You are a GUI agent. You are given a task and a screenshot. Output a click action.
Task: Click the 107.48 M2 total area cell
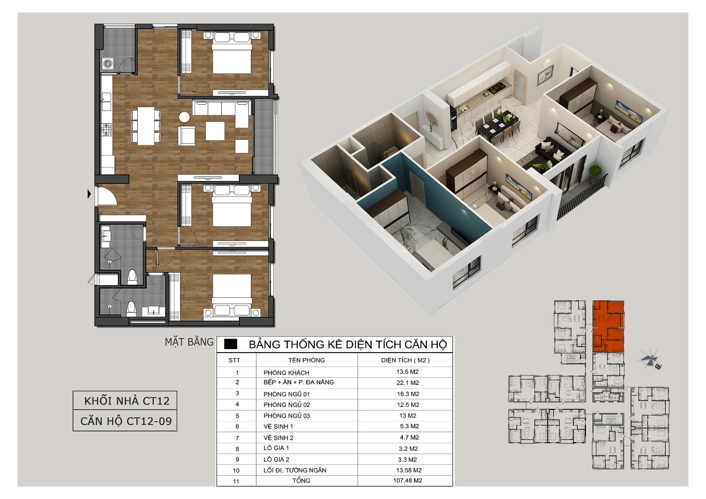407,480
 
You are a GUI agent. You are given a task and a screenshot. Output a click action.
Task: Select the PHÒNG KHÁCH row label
286,373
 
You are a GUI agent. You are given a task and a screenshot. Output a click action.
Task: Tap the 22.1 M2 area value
407,383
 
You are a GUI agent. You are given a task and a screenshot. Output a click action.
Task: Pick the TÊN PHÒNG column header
306,360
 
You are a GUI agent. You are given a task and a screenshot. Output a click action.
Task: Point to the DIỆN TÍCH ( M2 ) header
405,360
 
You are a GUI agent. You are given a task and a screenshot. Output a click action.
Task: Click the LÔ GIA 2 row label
277,459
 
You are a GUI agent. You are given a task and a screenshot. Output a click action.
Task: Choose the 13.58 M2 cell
409,470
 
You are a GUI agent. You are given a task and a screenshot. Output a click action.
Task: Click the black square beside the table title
230,345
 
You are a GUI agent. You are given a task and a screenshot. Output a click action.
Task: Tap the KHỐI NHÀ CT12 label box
125,400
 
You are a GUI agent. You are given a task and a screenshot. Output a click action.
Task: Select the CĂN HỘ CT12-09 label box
125,421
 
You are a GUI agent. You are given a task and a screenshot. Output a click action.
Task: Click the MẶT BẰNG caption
189,342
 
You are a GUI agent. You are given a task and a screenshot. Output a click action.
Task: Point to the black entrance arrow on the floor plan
89,194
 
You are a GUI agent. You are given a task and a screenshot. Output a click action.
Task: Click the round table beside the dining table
185,117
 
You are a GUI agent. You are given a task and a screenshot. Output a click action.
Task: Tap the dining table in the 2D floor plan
146,126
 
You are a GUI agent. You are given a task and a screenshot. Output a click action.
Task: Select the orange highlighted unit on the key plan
608,326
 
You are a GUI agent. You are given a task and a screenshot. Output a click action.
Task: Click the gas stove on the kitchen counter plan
107,130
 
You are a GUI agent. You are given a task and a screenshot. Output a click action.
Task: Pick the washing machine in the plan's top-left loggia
107,63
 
